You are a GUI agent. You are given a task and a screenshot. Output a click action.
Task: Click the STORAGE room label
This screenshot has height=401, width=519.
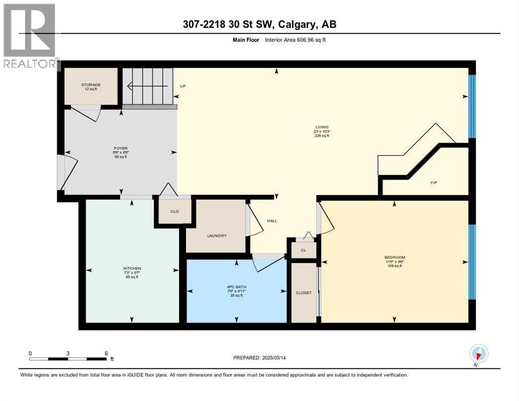point(91,85)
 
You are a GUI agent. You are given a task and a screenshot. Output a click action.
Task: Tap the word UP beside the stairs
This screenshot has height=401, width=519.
point(183,86)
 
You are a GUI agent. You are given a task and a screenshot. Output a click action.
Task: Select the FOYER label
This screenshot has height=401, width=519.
point(121,148)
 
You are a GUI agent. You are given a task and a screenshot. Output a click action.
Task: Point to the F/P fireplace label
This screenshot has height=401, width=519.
point(433,183)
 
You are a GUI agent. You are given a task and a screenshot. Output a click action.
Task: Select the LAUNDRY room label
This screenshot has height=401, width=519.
point(217,235)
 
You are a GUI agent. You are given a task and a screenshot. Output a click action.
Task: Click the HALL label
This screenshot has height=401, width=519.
point(272,221)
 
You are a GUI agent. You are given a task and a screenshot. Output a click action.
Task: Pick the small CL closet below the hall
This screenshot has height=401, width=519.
point(303,250)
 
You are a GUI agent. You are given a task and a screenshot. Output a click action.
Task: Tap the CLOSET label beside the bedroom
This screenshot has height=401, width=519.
point(303,293)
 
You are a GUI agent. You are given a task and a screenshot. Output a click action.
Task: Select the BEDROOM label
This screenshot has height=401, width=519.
point(395,257)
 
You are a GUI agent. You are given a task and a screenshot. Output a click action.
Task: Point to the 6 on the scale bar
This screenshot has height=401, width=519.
point(106,353)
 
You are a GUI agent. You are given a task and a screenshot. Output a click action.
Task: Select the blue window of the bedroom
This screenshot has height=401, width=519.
point(472,262)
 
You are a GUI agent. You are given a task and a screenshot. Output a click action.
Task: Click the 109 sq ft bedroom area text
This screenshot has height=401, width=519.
point(395,266)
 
